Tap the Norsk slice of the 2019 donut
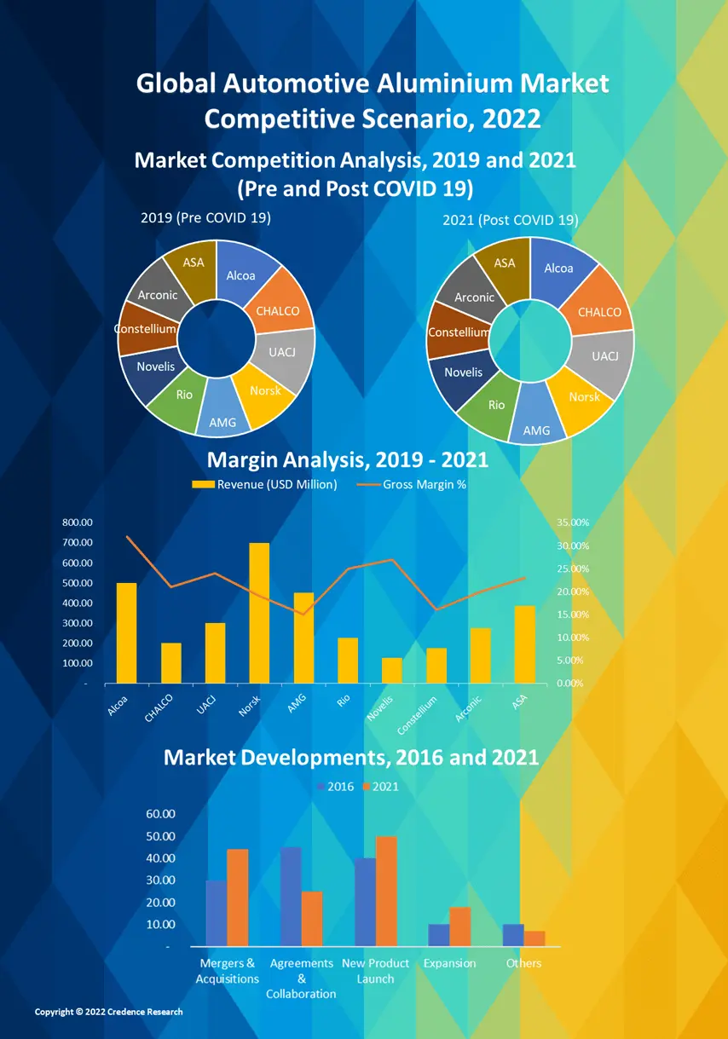[265, 393]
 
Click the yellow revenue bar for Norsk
[259, 613]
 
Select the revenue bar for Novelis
[391, 670]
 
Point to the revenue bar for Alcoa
[126, 632]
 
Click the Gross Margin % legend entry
[418, 485]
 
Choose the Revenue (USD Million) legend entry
[266, 485]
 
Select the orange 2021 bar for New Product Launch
[386, 891]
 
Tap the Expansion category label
[449, 963]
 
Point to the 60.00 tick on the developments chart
[164, 814]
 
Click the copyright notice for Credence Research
[108, 1012]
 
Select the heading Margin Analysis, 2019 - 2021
[348, 460]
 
